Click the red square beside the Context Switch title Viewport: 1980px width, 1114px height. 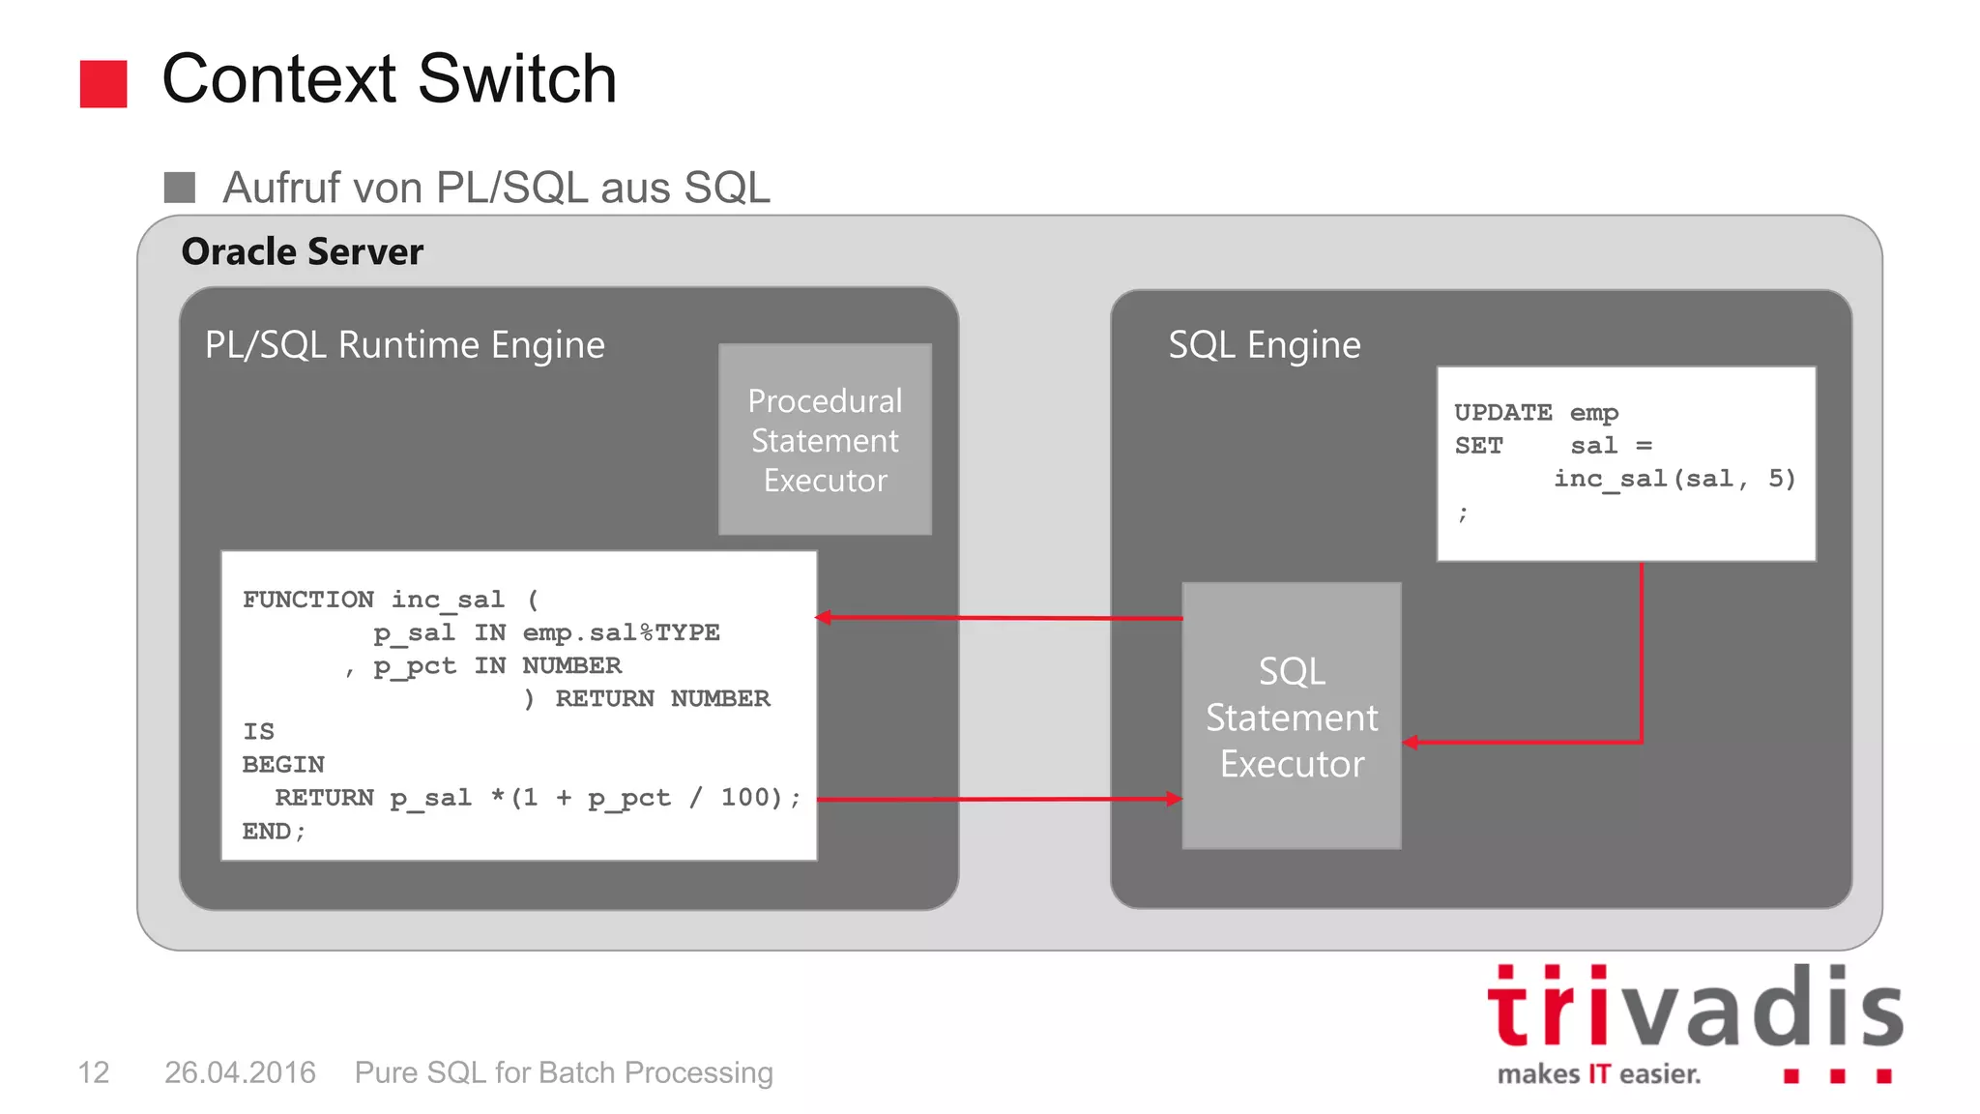(103, 84)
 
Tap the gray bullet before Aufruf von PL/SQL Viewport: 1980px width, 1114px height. (180, 188)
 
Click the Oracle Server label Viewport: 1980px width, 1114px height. (302, 252)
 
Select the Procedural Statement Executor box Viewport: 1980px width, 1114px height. (825, 440)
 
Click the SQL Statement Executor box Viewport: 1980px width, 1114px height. (1291, 717)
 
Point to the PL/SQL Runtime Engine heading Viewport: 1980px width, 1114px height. (404, 345)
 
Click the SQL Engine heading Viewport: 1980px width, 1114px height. (1264, 345)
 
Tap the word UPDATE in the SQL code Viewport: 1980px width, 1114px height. (1502, 413)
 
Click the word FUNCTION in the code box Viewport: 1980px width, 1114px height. (307, 600)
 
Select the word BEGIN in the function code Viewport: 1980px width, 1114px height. (283, 765)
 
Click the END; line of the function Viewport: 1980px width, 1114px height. (274, 832)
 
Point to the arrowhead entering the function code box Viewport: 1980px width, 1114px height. (824, 617)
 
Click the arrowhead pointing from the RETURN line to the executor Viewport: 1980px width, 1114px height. (1174, 799)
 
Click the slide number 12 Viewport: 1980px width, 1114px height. (94, 1072)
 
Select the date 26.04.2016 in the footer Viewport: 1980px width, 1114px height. (240, 1072)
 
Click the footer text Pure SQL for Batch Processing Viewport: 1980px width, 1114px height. (564, 1072)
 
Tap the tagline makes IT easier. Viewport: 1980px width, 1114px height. (1598, 1074)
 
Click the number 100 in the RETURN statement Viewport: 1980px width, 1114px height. (743, 798)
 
